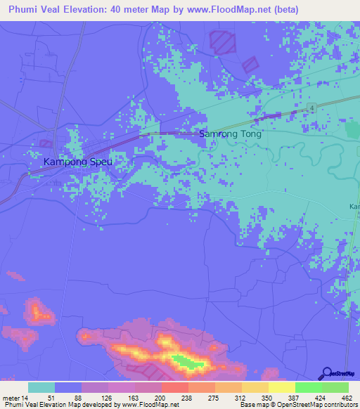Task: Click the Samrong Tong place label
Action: (x=231, y=134)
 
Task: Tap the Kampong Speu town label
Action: (x=78, y=162)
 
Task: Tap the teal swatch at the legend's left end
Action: (x=41, y=387)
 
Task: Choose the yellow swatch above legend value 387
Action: (x=281, y=387)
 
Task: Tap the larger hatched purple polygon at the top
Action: (x=224, y=41)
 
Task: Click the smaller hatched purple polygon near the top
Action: (x=251, y=64)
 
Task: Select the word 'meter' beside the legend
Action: (x=11, y=398)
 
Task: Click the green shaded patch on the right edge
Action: (x=352, y=130)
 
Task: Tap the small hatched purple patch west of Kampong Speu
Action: (x=46, y=143)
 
